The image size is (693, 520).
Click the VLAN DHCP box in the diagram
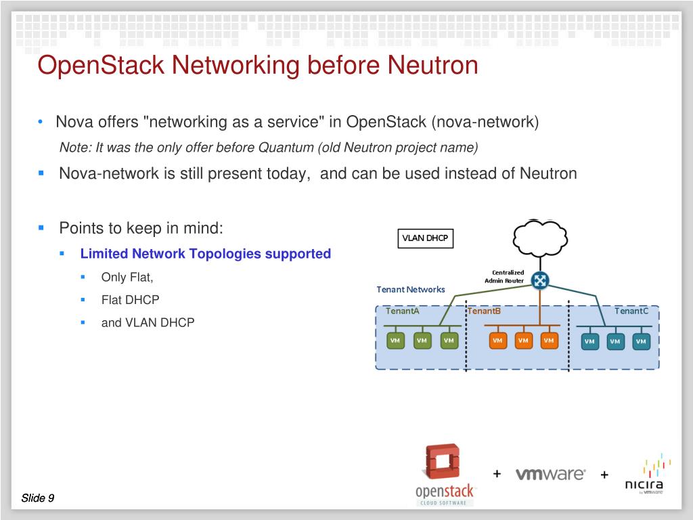(x=425, y=238)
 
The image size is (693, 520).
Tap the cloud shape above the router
(x=540, y=236)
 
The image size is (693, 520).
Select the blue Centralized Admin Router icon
(x=540, y=280)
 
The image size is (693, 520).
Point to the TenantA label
(x=403, y=311)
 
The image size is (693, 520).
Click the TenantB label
(x=485, y=311)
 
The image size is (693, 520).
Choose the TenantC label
(x=631, y=311)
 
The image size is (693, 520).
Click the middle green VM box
(x=422, y=341)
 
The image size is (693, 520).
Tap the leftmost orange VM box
(x=497, y=341)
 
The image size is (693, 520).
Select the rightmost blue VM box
(x=640, y=341)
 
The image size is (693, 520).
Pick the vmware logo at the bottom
(x=550, y=474)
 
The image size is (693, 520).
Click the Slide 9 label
(x=38, y=498)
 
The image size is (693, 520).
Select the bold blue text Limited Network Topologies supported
(x=206, y=254)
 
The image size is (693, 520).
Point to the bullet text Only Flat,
(x=127, y=277)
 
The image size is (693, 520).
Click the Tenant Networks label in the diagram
(x=411, y=289)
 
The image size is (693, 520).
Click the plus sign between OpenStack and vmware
(x=497, y=473)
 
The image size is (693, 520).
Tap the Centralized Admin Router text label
(x=504, y=276)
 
